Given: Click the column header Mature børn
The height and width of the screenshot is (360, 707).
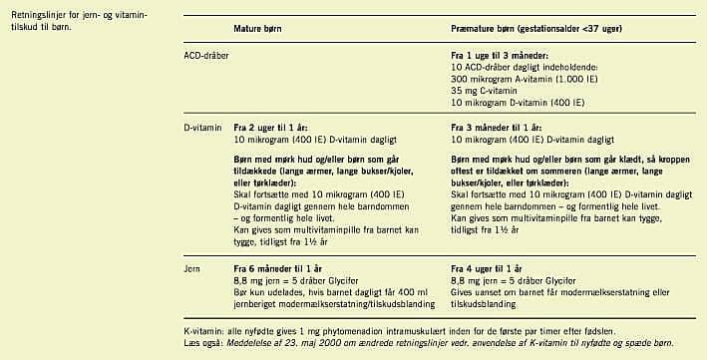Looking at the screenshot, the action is [261, 30].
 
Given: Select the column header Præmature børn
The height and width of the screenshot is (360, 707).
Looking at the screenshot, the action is [486, 30].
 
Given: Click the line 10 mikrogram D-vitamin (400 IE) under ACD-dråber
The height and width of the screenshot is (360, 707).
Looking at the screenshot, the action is [518, 103].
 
